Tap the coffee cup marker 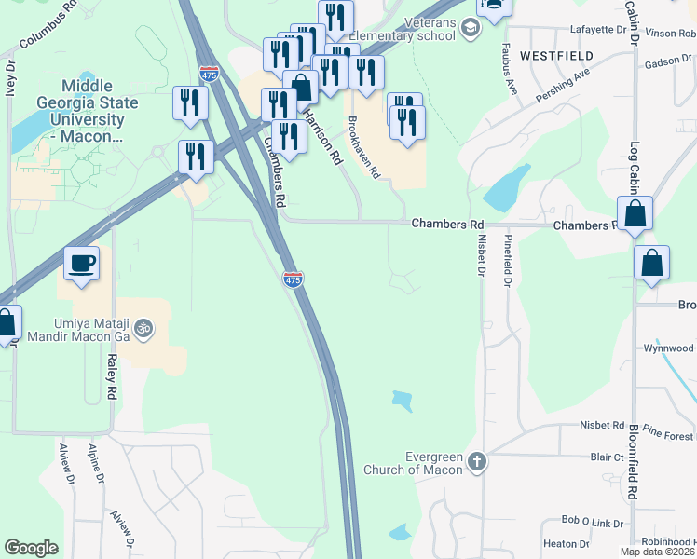[x=82, y=264]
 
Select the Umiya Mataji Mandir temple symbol [x=143, y=328]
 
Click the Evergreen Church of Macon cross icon [x=477, y=461]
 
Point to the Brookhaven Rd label [x=363, y=147]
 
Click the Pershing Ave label [x=562, y=86]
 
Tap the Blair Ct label [x=606, y=457]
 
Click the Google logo [x=31, y=548]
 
